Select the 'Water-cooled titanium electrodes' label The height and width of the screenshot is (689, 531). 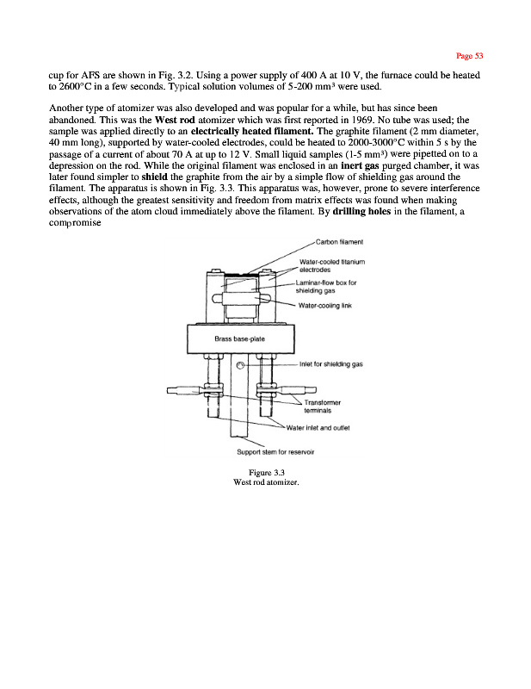(331, 265)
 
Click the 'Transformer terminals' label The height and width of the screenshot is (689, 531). (324, 407)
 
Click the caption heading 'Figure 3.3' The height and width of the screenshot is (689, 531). (266, 473)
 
